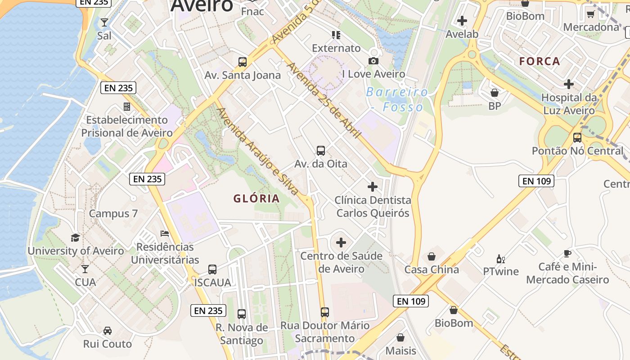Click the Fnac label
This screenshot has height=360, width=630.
tap(252, 12)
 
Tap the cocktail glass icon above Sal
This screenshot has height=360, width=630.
tap(104, 22)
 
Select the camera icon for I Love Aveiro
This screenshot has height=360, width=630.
tap(373, 61)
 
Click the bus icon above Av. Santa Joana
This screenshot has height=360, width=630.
tap(243, 62)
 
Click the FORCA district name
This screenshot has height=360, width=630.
tap(540, 61)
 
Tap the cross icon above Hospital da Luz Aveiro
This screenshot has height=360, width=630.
tap(569, 84)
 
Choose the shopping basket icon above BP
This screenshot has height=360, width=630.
tap(495, 93)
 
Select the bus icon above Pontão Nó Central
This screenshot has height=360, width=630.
tap(577, 137)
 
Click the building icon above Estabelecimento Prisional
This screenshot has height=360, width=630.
tap(127, 107)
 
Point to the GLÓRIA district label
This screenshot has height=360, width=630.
tap(256, 198)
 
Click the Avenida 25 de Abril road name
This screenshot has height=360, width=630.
tap(324, 100)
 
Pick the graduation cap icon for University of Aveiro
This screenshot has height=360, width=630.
tap(76, 238)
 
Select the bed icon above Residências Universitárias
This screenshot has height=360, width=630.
tap(165, 234)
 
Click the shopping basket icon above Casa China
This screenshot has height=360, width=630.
tap(432, 256)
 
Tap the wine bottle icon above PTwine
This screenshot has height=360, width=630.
tap(500, 259)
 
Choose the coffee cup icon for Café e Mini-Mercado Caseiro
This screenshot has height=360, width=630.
tap(567, 254)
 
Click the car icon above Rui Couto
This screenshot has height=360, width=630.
tap(108, 331)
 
